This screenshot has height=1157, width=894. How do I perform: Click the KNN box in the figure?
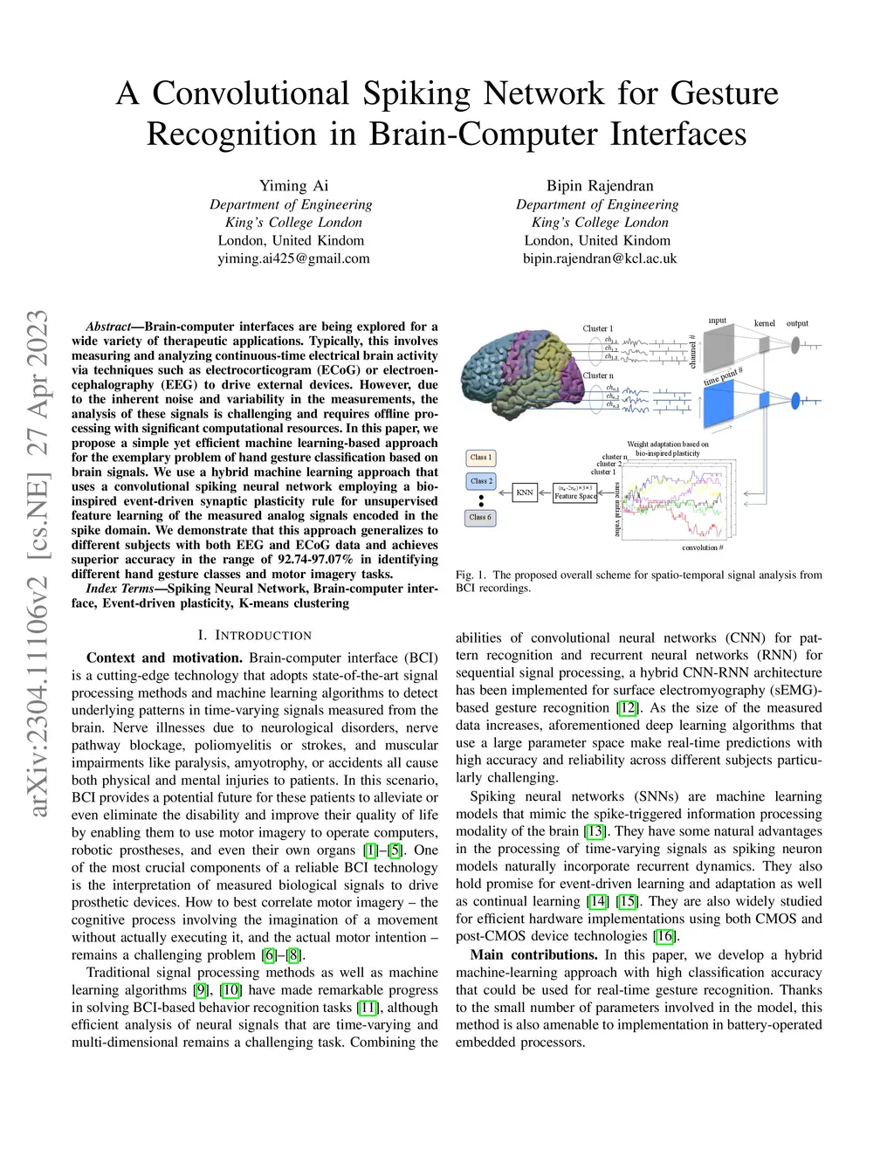(x=525, y=492)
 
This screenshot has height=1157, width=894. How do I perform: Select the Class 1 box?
(x=480, y=458)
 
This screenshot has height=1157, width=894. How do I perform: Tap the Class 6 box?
(x=480, y=518)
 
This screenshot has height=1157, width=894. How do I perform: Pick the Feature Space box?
(x=575, y=492)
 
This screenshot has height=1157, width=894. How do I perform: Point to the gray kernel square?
(x=764, y=346)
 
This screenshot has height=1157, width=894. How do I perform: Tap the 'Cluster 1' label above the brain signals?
(x=598, y=328)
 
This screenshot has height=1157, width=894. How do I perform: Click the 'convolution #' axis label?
(x=702, y=548)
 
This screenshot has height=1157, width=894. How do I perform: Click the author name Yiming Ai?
(x=293, y=185)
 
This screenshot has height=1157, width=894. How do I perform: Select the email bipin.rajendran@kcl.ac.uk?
(x=600, y=258)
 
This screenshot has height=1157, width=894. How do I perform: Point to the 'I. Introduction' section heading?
(x=255, y=635)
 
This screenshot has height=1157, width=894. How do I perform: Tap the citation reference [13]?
(x=595, y=831)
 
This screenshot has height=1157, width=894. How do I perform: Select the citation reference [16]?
(x=665, y=936)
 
